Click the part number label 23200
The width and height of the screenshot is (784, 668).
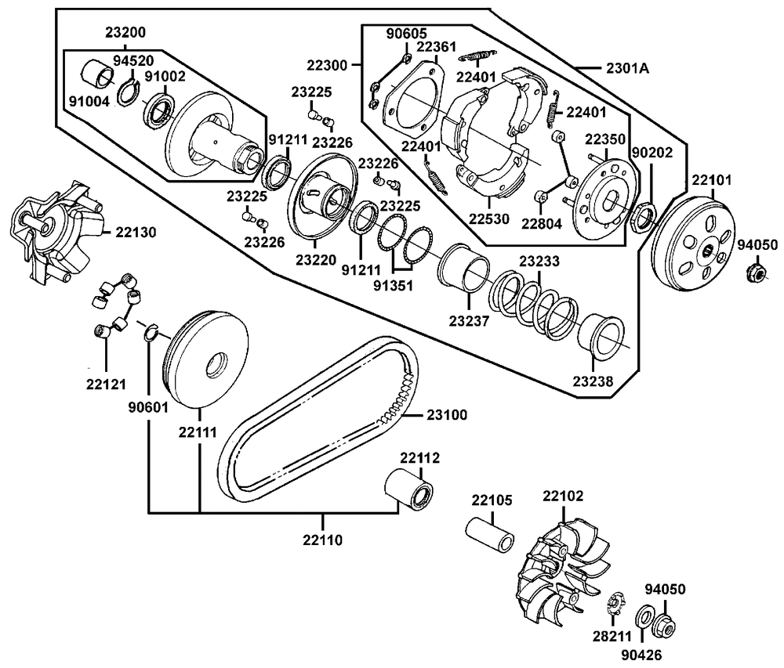125,32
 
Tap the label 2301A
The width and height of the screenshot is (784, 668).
627,67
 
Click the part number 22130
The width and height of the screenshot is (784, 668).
136,232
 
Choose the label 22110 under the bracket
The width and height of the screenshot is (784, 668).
322,540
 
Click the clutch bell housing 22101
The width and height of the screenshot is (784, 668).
694,244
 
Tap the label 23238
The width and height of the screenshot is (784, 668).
593,381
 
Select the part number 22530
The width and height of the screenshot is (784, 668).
489,218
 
